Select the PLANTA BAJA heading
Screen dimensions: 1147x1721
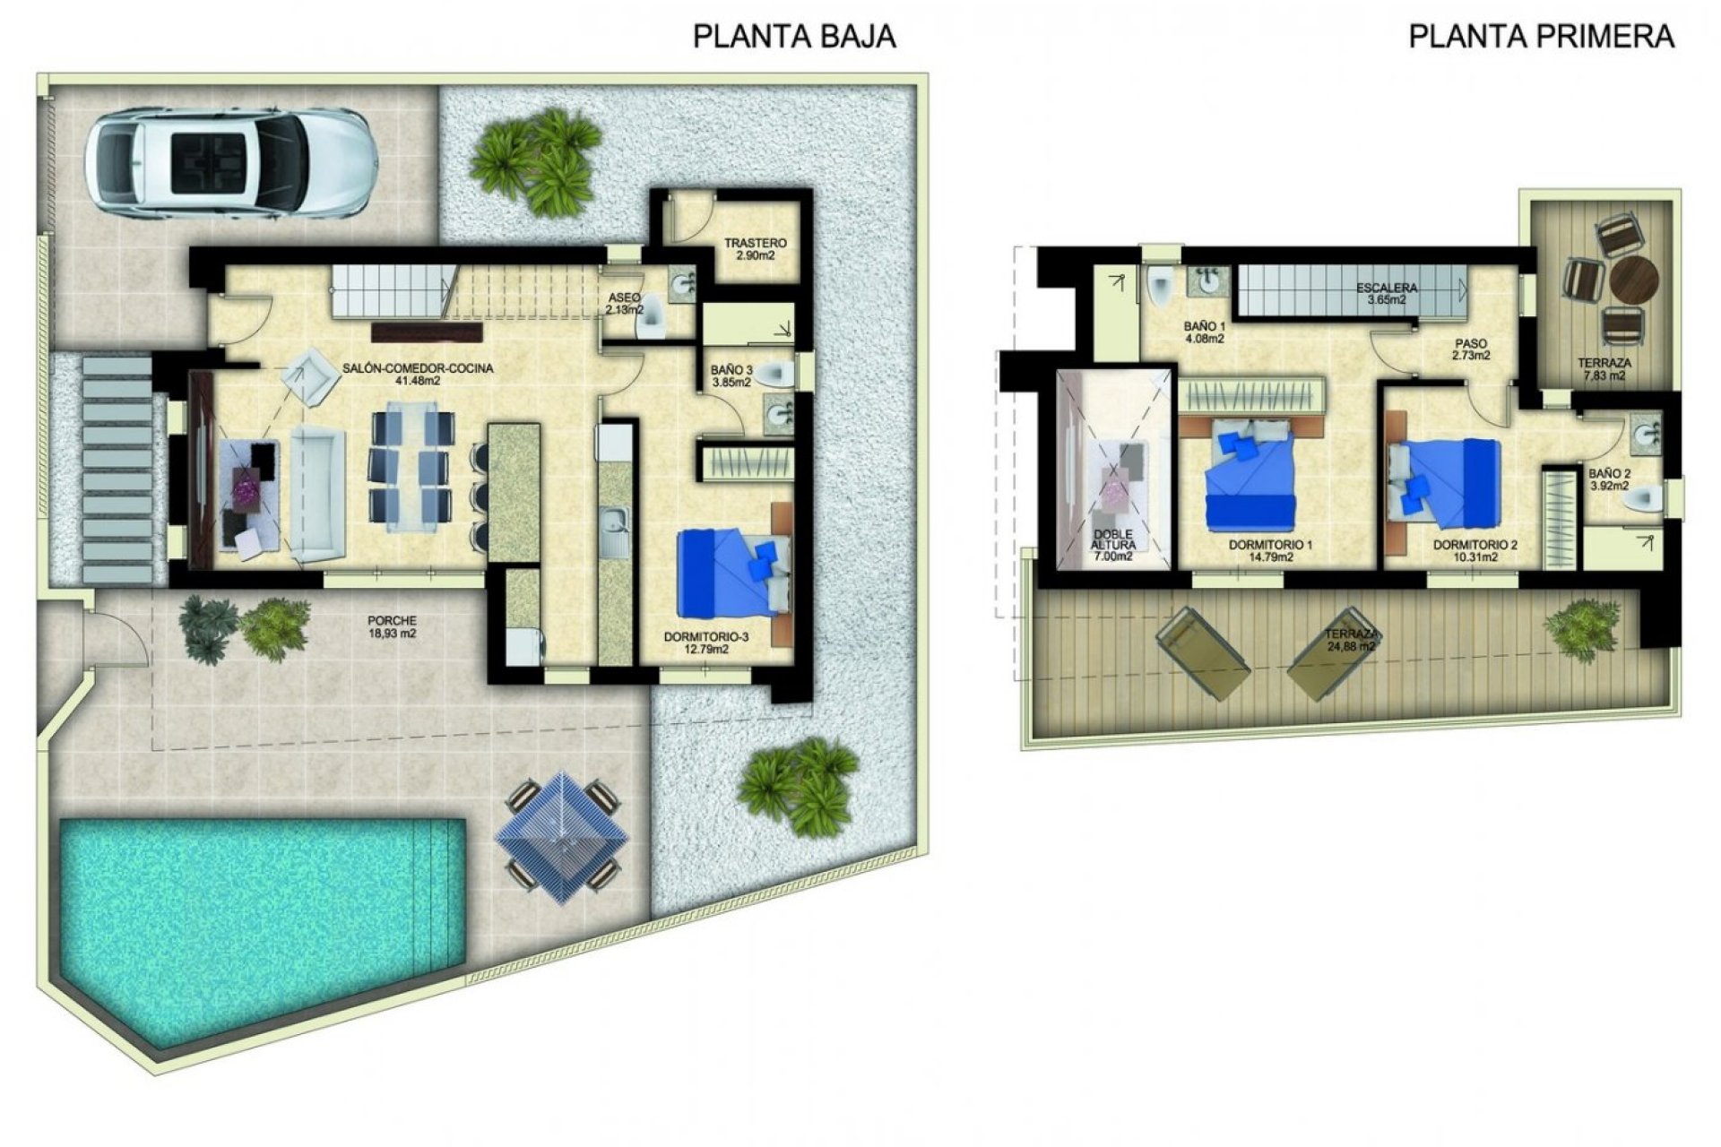point(794,37)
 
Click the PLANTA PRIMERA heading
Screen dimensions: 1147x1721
point(1541,37)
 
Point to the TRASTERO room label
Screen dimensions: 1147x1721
point(755,248)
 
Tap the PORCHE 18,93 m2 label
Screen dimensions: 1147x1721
point(392,626)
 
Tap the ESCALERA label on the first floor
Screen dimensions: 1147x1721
point(1386,294)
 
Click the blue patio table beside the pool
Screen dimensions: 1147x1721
point(561,838)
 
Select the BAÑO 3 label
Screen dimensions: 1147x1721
point(727,375)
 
